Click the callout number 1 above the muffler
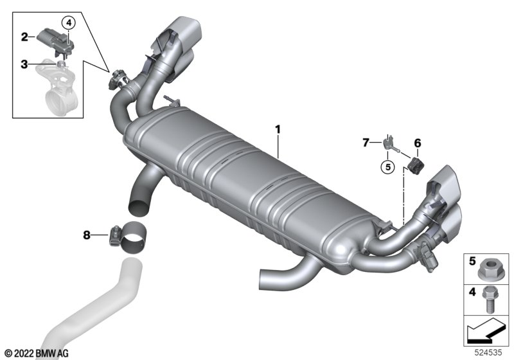[278, 130]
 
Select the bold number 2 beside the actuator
[24, 37]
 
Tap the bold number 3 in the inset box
[24, 64]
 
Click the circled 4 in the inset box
[69, 23]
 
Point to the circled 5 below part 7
[388, 167]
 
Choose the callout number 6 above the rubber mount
[417, 143]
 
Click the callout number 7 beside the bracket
[366, 143]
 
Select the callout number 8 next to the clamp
[87, 235]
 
